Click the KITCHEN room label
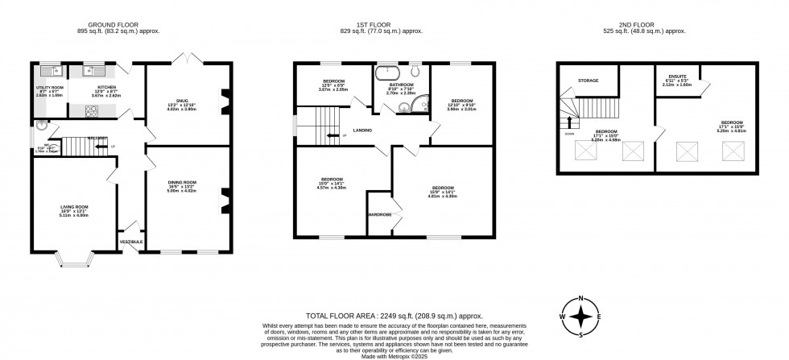pyautogui.click(x=106, y=86)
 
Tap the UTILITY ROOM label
pyautogui.click(x=49, y=86)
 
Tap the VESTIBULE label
pyautogui.click(x=130, y=242)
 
